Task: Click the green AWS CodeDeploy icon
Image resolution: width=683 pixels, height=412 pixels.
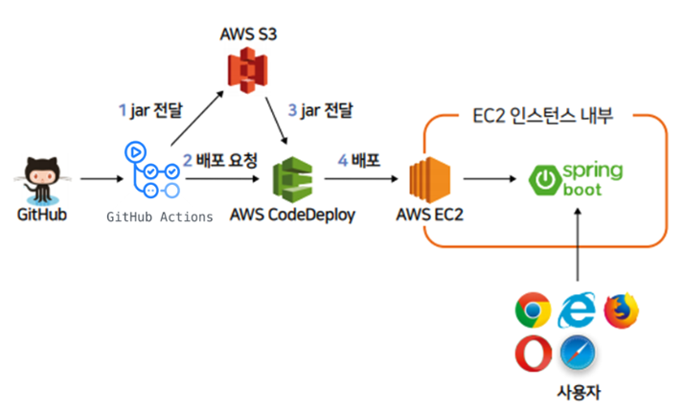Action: tap(292, 179)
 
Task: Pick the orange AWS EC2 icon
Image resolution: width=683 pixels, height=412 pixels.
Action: tap(429, 179)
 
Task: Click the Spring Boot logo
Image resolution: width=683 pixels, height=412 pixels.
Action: tap(577, 178)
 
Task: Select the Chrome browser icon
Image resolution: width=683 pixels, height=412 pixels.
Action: tap(533, 310)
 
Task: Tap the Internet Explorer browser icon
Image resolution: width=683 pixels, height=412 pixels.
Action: tap(578, 309)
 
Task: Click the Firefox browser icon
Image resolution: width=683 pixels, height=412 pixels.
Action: tap(622, 310)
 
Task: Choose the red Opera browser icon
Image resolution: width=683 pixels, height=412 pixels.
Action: tap(533, 354)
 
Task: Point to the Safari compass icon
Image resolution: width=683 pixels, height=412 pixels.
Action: tap(578, 354)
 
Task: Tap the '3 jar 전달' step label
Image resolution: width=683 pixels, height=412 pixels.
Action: tap(321, 111)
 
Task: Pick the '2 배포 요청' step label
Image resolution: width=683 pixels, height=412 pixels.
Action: tap(220, 159)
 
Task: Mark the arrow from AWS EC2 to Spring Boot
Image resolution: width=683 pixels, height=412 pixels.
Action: tap(490, 178)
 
